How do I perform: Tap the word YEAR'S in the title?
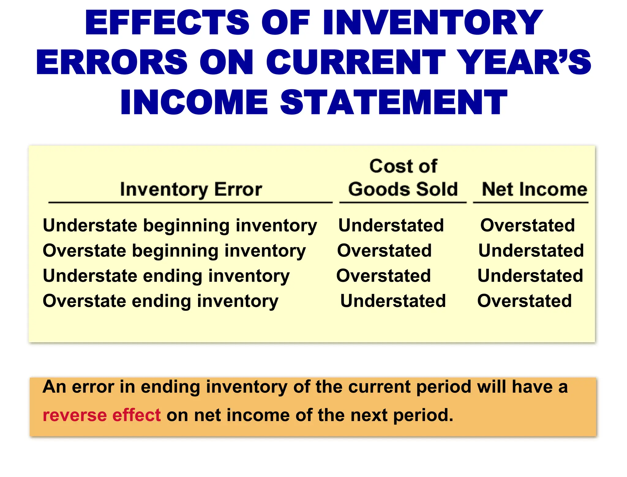point(525,62)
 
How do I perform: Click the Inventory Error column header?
point(191,189)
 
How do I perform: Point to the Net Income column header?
point(534,189)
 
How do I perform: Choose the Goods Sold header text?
point(403,189)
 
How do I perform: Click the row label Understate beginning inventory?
point(180,226)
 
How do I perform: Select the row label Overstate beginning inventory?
point(174,251)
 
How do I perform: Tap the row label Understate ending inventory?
point(166,276)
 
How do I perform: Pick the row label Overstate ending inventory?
point(160,301)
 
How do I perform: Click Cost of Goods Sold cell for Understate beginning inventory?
point(391,226)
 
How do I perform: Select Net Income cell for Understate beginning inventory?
point(527,226)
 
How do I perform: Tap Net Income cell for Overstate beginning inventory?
point(531,251)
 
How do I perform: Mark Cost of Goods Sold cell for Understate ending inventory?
point(383,276)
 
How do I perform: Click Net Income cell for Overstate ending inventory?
point(524,301)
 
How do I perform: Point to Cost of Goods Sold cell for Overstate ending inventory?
point(393,301)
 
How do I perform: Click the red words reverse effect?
point(101,415)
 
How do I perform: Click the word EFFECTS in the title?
point(167,23)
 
